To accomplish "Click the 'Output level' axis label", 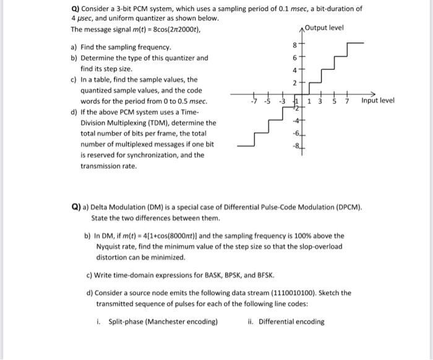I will (325, 28).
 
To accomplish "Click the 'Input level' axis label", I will (377, 100).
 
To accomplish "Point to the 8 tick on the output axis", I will (295, 45).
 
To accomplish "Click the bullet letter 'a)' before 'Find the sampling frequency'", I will (75, 48).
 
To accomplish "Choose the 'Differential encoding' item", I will (291, 322).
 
